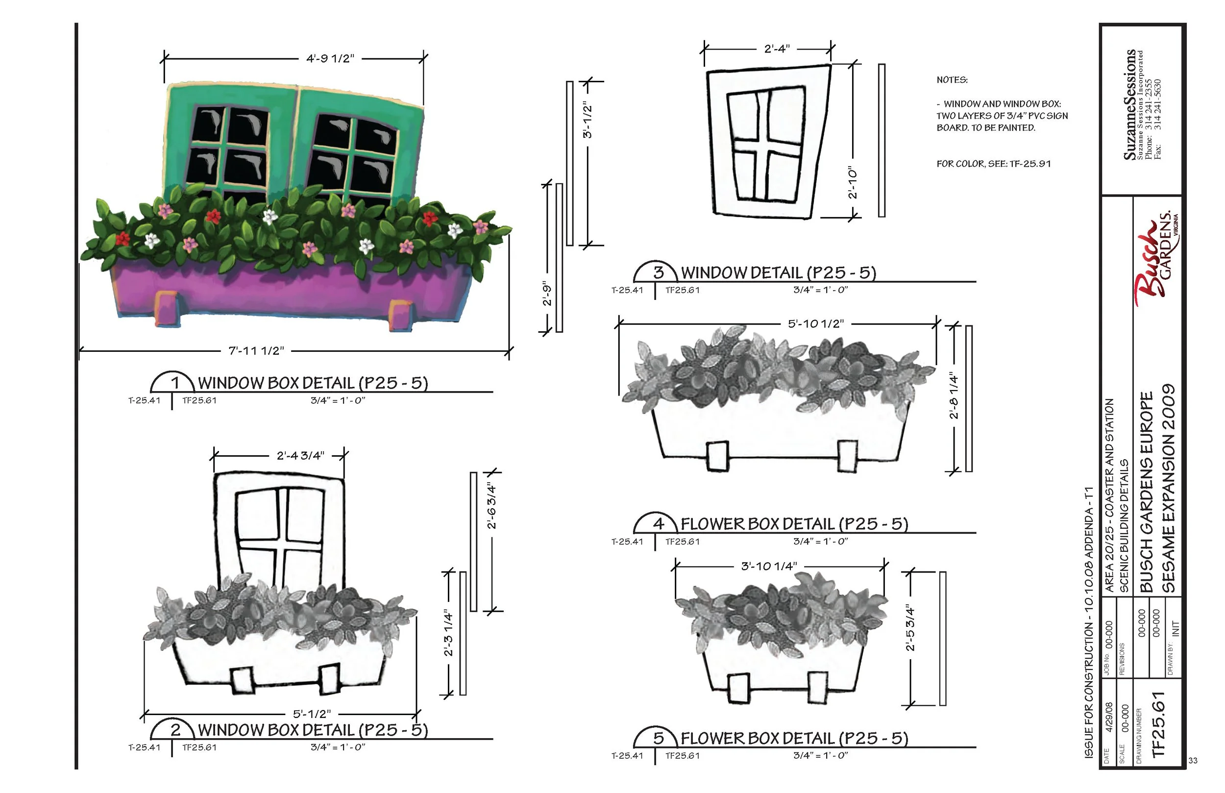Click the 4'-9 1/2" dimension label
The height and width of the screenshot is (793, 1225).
pyautogui.click(x=330, y=59)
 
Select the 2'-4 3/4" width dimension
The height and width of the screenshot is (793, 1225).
pyautogui.click(x=300, y=456)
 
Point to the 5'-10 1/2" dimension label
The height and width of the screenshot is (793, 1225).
pyautogui.click(x=816, y=324)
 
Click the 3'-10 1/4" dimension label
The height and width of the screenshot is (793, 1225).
pyautogui.click(x=769, y=567)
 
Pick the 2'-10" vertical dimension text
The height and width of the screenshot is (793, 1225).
pyautogui.click(x=853, y=182)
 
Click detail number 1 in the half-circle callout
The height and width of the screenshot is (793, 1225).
pyautogui.click(x=175, y=383)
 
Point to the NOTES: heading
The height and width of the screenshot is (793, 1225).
pyautogui.click(x=952, y=80)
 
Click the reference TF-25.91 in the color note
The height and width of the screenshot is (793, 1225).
pyautogui.click(x=1030, y=164)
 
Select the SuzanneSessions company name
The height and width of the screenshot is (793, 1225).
pyautogui.click(x=1130, y=104)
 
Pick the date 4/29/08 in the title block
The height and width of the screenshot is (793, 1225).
pyautogui.click(x=1109, y=718)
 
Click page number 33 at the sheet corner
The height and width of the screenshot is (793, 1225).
pyautogui.click(x=1193, y=761)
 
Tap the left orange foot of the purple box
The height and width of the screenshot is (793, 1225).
pyautogui.click(x=168, y=309)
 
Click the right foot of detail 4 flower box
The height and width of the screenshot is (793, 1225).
pyautogui.click(x=847, y=456)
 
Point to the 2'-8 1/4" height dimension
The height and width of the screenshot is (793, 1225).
pyautogui.click(x=954, y=396)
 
